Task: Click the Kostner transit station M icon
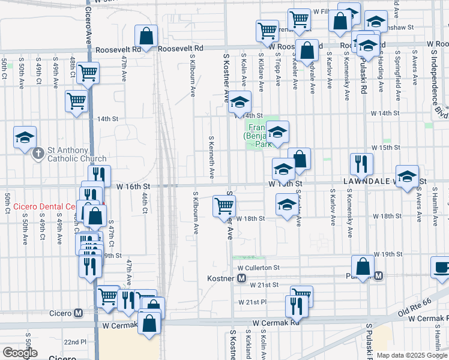[x=242, y=278]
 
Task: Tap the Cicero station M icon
[x=78, y=313]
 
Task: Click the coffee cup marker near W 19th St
[x=441, y=268]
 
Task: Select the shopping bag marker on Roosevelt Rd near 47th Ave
[x=146, y=35]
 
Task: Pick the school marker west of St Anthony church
[x=25, y=137]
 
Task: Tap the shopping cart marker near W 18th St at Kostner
[x=224, y=206]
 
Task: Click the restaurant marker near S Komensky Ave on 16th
[x=361, y=164]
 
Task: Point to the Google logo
[x=19, y=353]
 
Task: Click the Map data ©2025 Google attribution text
[x=411, y=355]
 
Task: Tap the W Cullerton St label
[x=259, y=268]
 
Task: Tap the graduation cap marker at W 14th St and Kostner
[x=239, y=103]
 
